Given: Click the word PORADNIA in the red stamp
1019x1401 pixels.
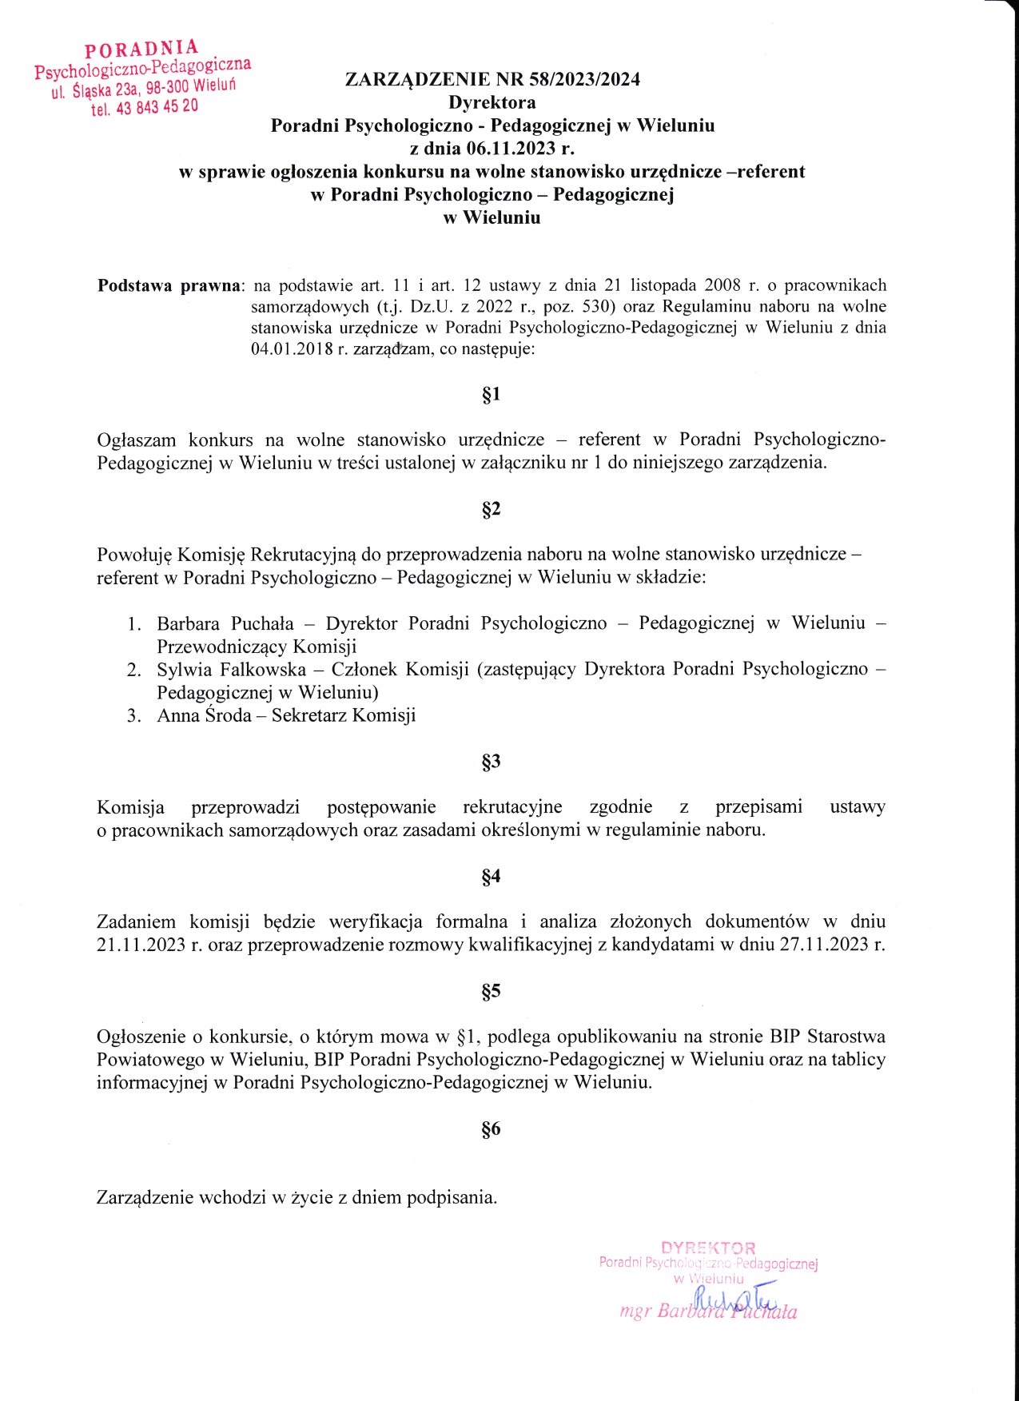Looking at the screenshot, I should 141,50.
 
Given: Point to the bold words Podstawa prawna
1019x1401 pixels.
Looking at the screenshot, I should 169,285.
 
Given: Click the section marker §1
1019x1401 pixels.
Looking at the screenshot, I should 491,394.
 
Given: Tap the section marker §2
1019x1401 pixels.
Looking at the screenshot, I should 491,509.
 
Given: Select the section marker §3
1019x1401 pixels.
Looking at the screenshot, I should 491,761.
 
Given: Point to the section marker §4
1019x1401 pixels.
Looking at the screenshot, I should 491,877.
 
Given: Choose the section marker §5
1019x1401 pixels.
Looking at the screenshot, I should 491,991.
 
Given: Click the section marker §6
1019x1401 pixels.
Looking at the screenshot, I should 491,1128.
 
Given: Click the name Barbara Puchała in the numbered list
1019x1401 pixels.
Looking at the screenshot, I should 225,623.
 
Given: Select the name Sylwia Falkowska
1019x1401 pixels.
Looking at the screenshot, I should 231,669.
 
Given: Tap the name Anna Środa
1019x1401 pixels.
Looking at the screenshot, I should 204,715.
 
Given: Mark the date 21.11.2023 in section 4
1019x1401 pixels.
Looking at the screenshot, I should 141,945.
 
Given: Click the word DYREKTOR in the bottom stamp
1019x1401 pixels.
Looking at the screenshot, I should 708,1248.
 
